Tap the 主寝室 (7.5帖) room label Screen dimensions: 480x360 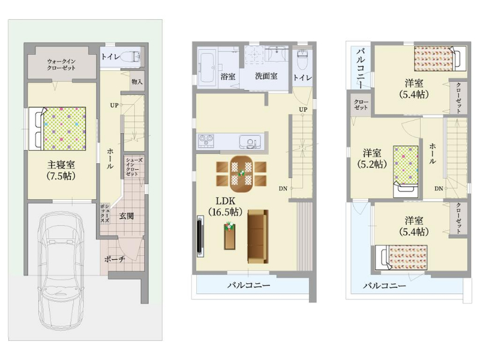(61, 170)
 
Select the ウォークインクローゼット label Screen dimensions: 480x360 (61, 65)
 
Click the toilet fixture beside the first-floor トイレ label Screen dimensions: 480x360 (130, 56)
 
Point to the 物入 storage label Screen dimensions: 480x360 (137, 82)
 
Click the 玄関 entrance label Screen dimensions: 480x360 (127, 216)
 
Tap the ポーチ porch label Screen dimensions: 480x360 (115, 259)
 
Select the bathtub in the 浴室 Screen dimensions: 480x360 (208, 67)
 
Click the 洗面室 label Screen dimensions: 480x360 (266, 76)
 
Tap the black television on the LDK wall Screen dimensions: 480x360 (200, 236)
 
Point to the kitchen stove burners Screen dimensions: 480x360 (206, 141)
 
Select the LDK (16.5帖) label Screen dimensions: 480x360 (226, 206)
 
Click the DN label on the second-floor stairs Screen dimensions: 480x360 (283, 188)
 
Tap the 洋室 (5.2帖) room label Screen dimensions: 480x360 (372, 158)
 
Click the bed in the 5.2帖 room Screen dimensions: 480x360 (406, 172)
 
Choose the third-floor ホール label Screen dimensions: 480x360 (432, 154)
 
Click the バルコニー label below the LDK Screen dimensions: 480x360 (249, 286)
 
